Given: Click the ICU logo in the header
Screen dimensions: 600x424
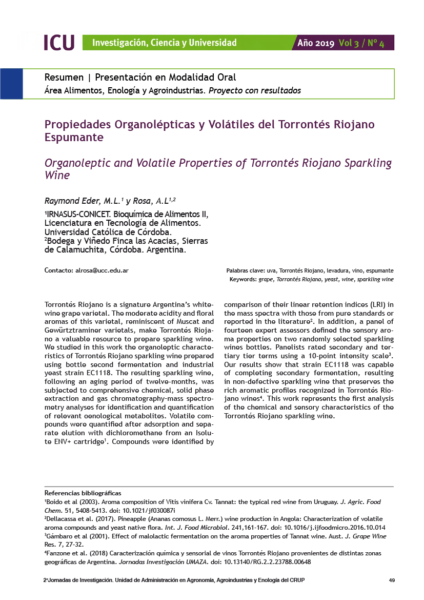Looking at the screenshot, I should (58, 43).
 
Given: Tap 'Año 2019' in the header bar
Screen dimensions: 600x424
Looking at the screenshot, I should (316, 43).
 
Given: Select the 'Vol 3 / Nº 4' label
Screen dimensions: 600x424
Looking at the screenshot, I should (361, 43).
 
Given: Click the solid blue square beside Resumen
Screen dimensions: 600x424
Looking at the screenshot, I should (11, 84).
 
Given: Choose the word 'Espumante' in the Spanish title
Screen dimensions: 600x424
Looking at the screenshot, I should (74, 138).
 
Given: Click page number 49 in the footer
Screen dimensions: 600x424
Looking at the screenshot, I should (392, 580).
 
